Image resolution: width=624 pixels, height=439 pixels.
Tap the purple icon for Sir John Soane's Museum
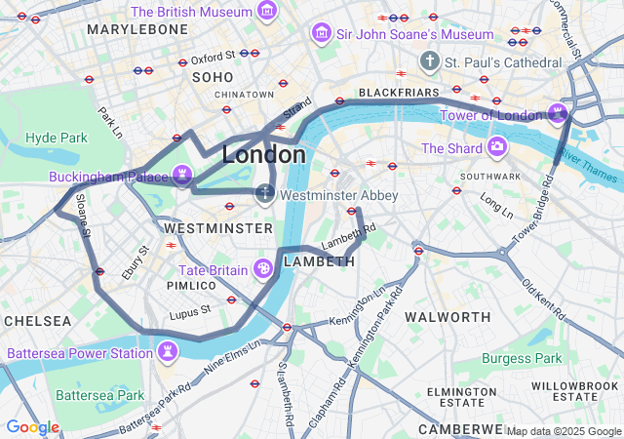[x=319, y=34]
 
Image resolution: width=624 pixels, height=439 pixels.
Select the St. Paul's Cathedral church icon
[x=429, y=62]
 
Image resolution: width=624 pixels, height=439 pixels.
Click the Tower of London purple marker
[x=558, y=114]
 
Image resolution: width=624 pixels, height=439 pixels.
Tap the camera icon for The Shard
[x=497, y=148]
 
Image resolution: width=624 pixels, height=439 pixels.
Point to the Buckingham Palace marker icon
[x=181, y=177]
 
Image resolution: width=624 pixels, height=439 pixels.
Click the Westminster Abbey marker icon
[x=264, y=194]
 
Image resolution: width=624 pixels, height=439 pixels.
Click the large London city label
[x=263, y=155]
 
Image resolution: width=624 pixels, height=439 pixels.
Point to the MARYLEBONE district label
[x=136, y=30]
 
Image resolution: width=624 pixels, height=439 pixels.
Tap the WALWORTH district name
[x=448, y=317]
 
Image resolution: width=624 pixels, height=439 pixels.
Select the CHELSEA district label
[x=37, y=321]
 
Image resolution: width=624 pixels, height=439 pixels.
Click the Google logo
[x=32, y=426]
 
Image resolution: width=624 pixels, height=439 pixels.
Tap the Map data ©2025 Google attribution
[x=563, y=431]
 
